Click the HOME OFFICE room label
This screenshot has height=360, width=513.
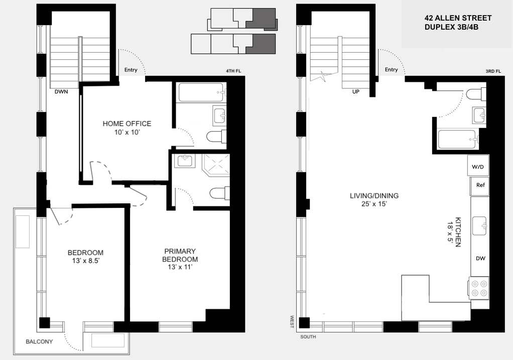(127, 124)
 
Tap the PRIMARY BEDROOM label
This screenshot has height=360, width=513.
(180, 255)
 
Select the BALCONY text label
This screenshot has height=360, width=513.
(39, 341)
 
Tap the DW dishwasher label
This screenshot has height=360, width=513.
(480, 259)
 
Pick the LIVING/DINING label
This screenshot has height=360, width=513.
(374, 196)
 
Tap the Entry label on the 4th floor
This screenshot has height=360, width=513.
(131, 70)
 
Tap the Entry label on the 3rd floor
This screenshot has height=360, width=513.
(392, 69)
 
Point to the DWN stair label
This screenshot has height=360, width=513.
(61, 92)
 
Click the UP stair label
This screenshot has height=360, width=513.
(355, 92)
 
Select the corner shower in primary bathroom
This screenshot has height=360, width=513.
(216, 165)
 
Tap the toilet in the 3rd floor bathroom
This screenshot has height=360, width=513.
(476, 94)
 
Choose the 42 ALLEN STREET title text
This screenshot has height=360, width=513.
(458, 18)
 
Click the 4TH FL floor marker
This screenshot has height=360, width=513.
(233, 71)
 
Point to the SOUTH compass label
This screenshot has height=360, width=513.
(308, 337)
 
